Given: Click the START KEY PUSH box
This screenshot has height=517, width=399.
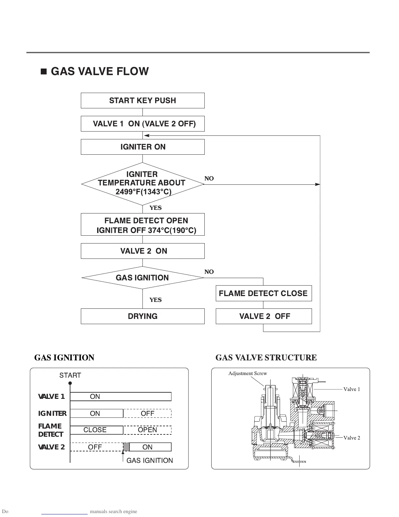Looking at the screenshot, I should [142, 101].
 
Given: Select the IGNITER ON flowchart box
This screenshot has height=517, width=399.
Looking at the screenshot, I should [142, 147].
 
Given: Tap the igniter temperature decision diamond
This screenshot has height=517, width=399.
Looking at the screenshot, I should [142, 183].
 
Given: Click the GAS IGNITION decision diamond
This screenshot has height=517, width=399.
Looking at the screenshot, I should [142, 278].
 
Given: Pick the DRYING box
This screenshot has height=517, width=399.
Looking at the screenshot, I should [142, 316].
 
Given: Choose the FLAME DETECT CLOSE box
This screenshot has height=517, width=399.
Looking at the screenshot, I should [263, 293].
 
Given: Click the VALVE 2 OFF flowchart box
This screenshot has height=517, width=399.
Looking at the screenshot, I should [263, 316].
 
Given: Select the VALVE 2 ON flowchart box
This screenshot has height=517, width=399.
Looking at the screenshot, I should [142, 251].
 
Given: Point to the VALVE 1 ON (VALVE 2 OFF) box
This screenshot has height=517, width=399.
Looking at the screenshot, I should [142, 124].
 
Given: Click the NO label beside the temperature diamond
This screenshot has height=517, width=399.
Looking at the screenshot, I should [209, 179].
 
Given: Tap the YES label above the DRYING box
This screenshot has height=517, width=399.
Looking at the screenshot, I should [155, 300].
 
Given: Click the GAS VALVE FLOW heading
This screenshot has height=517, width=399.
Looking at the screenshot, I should [100, 71].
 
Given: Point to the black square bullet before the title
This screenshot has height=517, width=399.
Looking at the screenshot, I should [44, 72].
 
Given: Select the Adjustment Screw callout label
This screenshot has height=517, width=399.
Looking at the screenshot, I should [247, 373].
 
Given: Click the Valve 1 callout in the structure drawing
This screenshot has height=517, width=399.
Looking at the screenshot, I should [352, 389].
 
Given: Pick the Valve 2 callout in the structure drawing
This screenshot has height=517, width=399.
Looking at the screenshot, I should [352, 438].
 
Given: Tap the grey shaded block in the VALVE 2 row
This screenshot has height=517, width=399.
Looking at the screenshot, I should [126, 447].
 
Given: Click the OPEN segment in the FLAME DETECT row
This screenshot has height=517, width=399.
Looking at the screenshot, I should [147, 430].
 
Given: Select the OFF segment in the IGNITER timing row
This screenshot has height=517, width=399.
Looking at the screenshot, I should [147, 414].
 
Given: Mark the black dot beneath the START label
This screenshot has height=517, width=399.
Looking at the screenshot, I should [70, 383].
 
